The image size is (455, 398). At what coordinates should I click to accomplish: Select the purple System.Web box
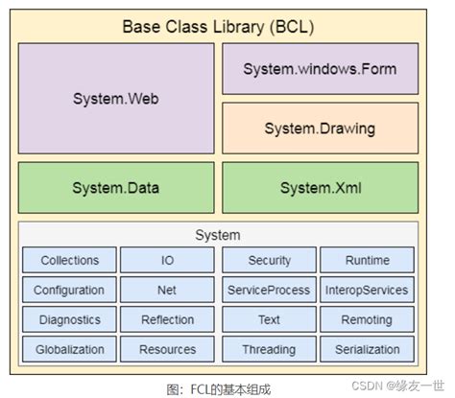[115, 98]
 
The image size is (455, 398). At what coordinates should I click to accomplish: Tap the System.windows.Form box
[320, 69]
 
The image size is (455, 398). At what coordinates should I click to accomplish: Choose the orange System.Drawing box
[320, 128]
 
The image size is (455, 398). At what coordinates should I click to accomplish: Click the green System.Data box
[115, 187]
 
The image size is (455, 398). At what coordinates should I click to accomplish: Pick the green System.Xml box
[320, 187]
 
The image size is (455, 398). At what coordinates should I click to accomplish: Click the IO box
[167, 260]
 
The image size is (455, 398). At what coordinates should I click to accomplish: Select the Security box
[269, 260]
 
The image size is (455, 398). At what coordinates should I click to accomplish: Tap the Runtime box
[367, 260]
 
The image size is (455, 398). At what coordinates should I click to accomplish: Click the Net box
[167, 290]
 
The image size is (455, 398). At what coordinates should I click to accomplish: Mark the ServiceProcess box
[269, 290]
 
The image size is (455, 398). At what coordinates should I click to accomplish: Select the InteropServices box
[367, 290]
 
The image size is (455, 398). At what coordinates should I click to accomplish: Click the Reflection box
[167, 319]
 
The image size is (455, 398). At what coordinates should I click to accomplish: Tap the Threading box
[269, 349]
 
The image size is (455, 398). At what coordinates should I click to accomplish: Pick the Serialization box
[367, 349]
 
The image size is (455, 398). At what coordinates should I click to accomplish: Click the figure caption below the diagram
[218, 388]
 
